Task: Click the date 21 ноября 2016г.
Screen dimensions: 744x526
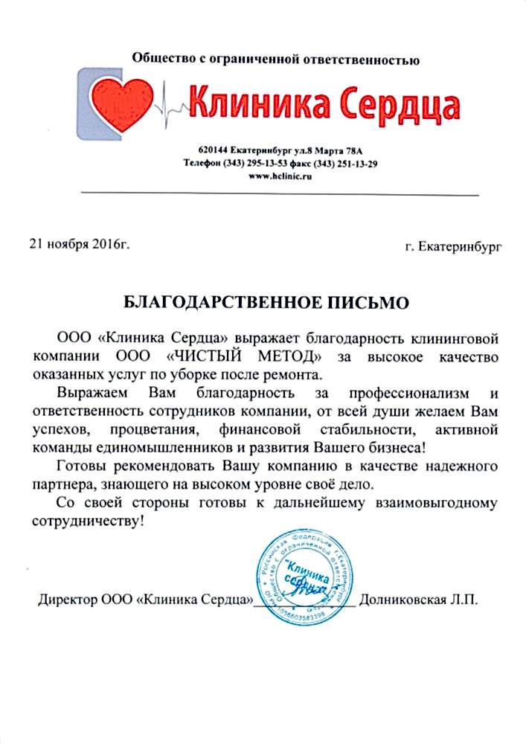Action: [79, 243]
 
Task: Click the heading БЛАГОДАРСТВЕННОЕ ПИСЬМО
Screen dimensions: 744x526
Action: [265, 303]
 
